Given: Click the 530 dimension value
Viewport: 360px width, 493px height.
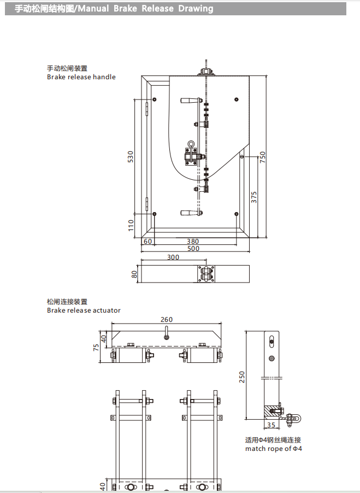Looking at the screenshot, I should pyautogui.click(x=131, y=157).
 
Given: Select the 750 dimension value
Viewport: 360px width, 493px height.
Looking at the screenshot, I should pyautogui.click(x=262, y=157).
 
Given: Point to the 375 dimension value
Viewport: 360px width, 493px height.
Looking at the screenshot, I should pyautogui.click(x=254, y=197).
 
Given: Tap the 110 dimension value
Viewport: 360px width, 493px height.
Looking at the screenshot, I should pyautogui.click(x=131, y=225).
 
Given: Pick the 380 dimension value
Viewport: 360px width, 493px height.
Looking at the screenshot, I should pyautogui.click(x=193, y=241).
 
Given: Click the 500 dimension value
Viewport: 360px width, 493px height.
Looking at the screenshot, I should pyautogui.click(x=193, y=249).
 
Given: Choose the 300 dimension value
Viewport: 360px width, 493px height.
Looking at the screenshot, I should pyautogui.click(x=173, y=257).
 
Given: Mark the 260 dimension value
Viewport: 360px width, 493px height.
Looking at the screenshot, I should pyautogui.click(x=166, y=320).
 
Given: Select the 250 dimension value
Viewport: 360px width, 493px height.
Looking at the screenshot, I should pyautogui.click(x=242, y=377).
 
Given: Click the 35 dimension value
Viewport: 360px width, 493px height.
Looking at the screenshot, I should pyautogui.click(x=272, y=425).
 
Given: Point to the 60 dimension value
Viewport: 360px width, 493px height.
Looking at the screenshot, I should pyautogui.click(x=147, y=241).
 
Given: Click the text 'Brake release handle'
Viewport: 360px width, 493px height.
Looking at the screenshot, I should pyautogui.click(x=81, y=77).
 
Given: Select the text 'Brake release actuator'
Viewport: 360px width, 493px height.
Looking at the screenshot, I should pyautogui.click(x=84, y=310).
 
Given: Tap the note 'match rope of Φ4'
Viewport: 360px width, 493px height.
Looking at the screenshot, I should pyautogui.click(x=274, y=449).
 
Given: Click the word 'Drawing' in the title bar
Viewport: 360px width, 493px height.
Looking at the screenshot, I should pyautogui.click(x=196, y=9).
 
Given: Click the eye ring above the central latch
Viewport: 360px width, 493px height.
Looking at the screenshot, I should pyautogui.click(x=192, y=145).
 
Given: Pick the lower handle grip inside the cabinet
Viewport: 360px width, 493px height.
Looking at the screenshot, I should pyautogui.click(x=190, y=213).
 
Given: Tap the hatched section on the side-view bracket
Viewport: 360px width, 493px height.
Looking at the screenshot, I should pyautogui.click(x=271, y=410).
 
